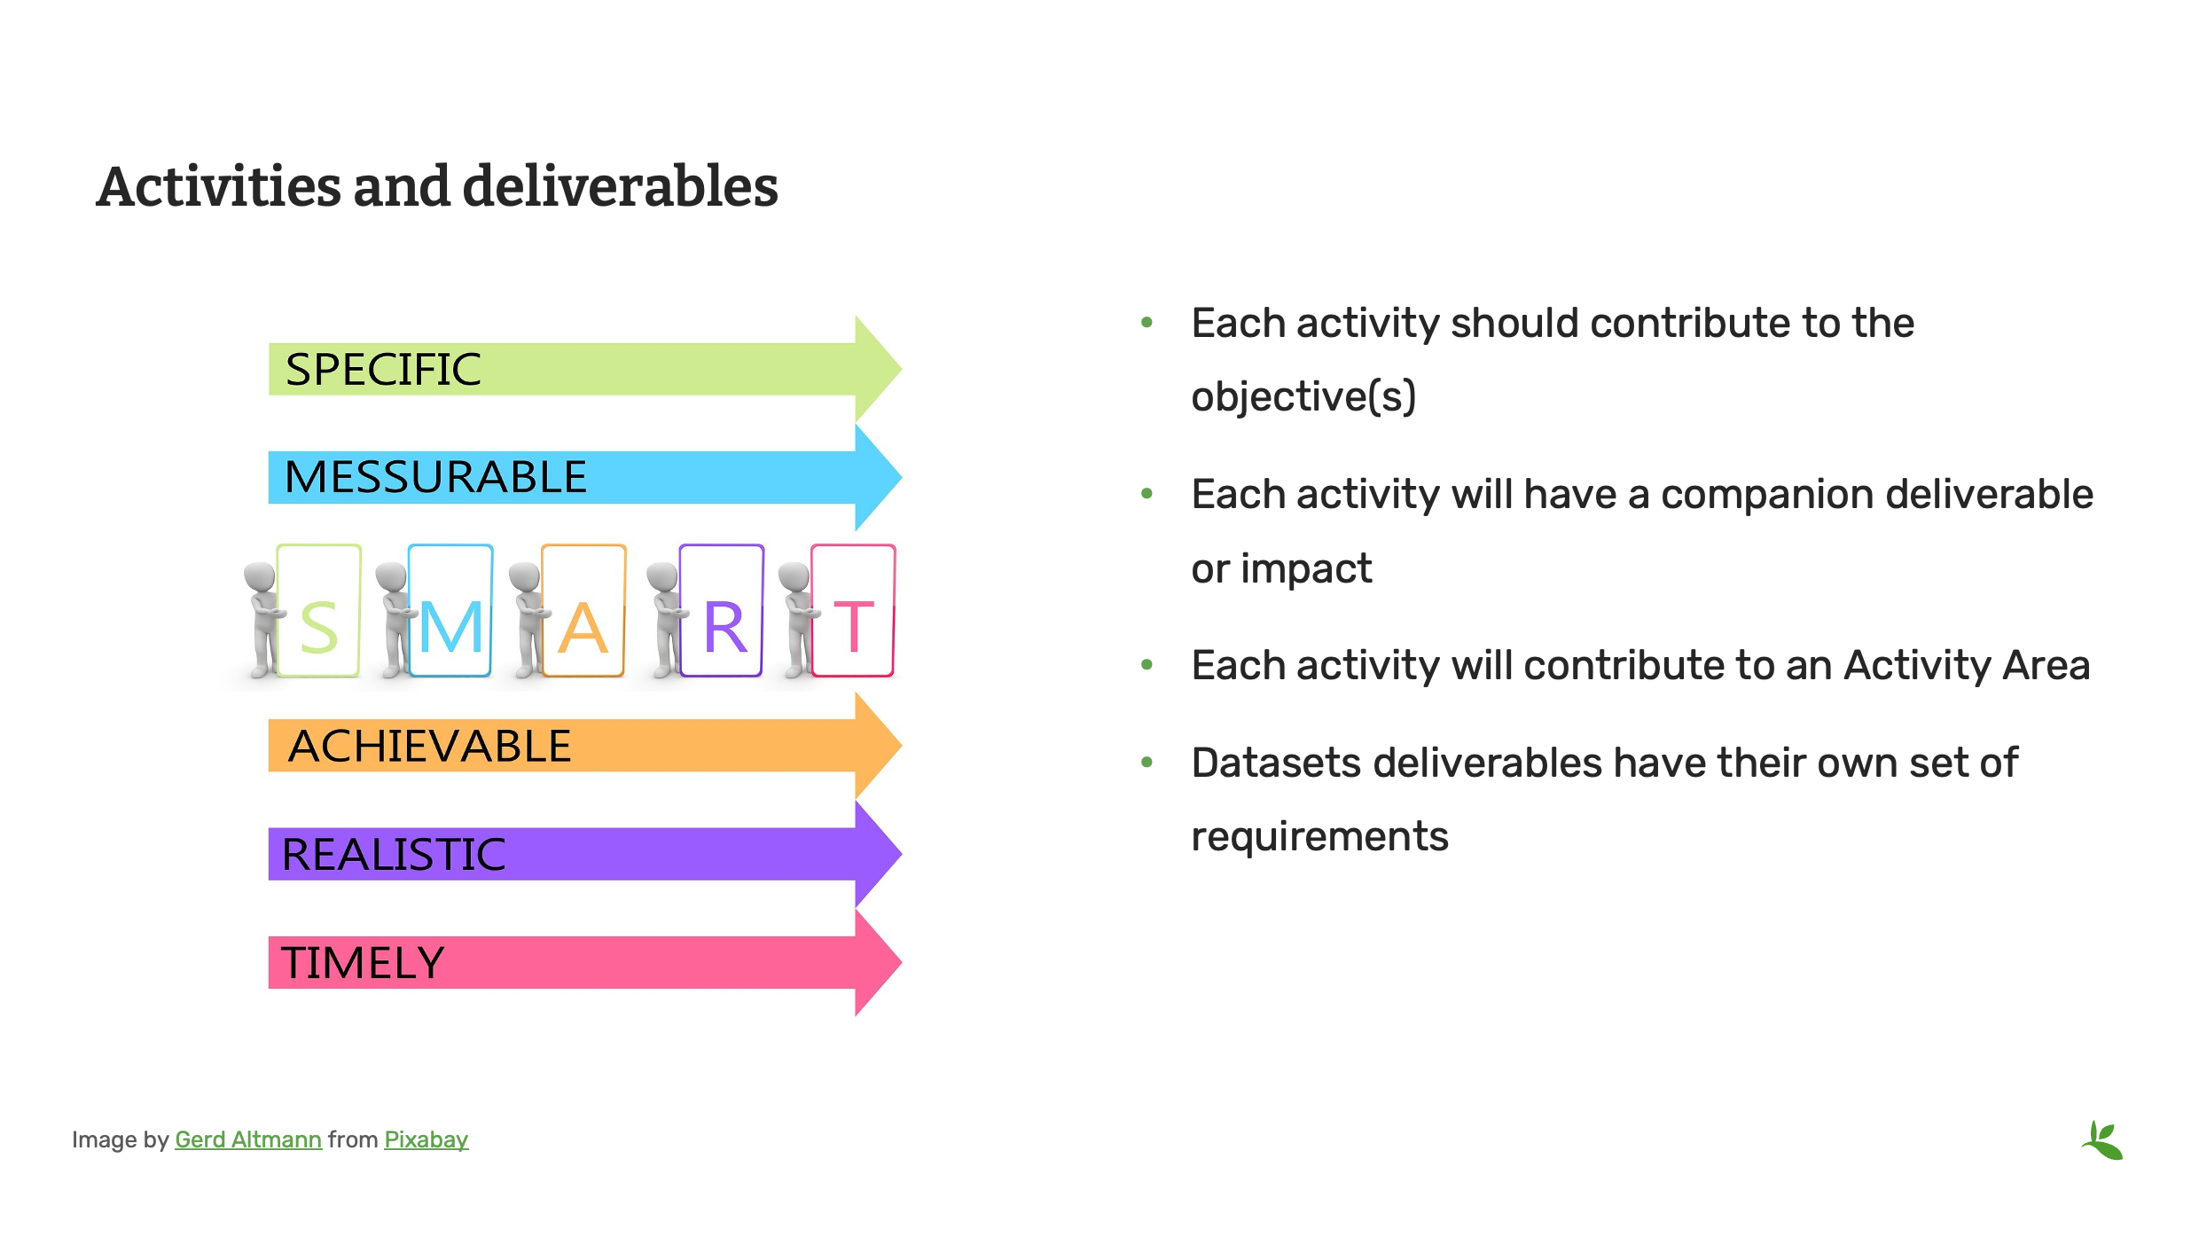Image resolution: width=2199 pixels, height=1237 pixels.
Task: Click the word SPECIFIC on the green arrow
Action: tap(383, 370)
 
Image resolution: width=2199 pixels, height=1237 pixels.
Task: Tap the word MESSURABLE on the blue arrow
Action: tap(435, 477)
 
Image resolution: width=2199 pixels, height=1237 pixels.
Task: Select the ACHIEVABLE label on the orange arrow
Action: tap(430, 747)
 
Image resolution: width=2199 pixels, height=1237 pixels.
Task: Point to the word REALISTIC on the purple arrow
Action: tap(393, 855)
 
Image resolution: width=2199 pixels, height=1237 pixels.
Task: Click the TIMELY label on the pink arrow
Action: tap(362, 963)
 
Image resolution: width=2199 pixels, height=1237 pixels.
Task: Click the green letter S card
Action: tap(319, 612)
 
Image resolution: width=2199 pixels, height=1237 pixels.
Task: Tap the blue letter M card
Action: tap(451, 612)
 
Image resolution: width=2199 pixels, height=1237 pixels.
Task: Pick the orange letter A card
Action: tap(583, 612)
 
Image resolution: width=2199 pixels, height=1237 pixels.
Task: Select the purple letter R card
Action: tap(722, 612)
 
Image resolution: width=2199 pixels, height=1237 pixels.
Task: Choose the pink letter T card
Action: tap(853, 612)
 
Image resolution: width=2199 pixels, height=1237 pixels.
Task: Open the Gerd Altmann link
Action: tap(248, 1140)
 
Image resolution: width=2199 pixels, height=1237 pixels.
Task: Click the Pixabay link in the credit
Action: tap(426, 1140)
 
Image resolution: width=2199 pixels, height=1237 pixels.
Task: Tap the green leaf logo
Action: tap(2102, 1140)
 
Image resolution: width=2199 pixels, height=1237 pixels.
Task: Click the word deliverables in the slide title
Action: tap(620, 187)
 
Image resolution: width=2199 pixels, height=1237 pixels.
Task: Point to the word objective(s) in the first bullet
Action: tap(1303, 396)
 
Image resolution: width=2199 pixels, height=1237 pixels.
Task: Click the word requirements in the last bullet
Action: tap(1319, 837)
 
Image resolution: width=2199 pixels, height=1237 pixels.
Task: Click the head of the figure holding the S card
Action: tap(260, 576)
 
